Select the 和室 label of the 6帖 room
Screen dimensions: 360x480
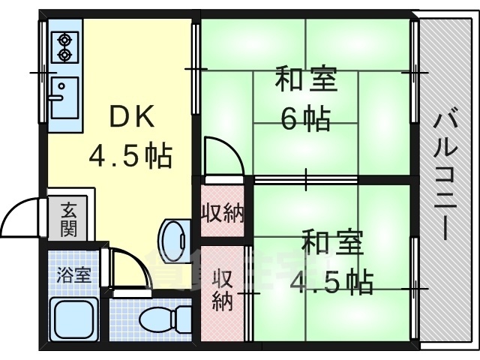click(x=305, y=79)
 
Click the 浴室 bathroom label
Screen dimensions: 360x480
click(x=73, y=274)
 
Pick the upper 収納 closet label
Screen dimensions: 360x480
click(x=222, y=214)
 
